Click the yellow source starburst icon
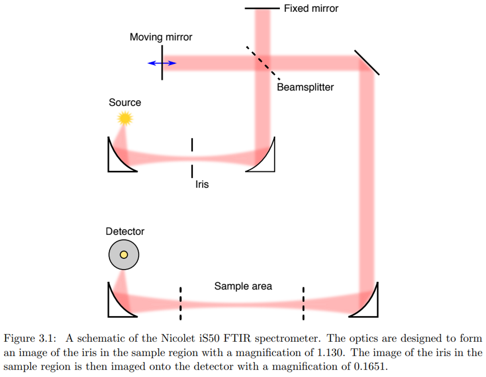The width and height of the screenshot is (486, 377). pyautogui.click(x=125, y=118)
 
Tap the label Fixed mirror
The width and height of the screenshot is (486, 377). pyautogui.click(x=311, y=8)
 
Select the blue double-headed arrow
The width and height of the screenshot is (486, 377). pyautogui.click(x=162, y=63)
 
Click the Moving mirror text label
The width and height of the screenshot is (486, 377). pyautogui.click(x=161, y=37)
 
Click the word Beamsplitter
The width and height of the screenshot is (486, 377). pyautogui.click(x=305, y=87)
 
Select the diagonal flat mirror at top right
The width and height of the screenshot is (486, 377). pyautogui.click(x=367, y=63)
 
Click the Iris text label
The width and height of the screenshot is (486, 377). pyautogui.click(x=202, y=185)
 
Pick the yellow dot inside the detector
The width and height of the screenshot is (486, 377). pyautogui.click(x=124, y=255)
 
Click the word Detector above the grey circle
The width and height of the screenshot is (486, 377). pyautogui.click(x=125, y=231)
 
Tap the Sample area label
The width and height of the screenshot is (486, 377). pyautogui.click(x=243, y=286)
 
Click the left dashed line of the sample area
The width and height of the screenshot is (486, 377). pyautogui.click(x=180, y=303)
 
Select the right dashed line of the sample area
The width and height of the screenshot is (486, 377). pyautogui.click(x=303, y=303)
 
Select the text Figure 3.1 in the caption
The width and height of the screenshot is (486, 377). pyautogui.click(x=24, y=339)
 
